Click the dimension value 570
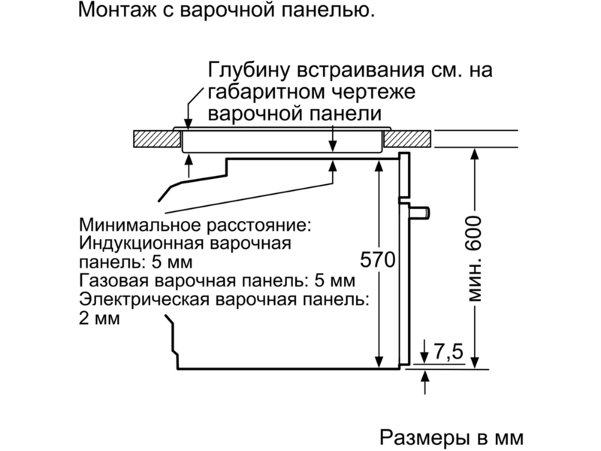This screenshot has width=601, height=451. tap(378, 260)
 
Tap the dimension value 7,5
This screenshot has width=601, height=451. tap(448, 351)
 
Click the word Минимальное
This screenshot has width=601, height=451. tap(140, 225)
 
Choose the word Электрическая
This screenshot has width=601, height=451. tap(144, 300)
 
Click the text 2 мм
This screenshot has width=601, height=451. tap(99, 319)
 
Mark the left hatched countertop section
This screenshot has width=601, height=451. tap(157, 139)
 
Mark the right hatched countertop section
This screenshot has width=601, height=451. tap(407, 139)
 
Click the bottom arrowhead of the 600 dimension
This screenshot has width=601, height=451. tap(475, 363)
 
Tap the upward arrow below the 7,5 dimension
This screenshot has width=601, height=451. tap(424, 383)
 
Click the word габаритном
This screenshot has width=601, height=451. tap(264, 92)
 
